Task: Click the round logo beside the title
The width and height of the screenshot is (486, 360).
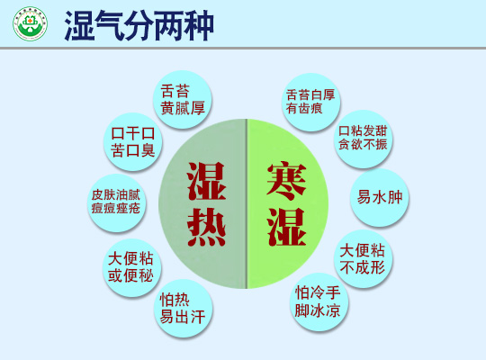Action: (30, 24)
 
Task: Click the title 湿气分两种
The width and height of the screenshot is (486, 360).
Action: (139, 25)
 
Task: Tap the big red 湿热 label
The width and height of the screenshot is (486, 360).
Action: (206, 204)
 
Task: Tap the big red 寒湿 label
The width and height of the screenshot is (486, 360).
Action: (287, 204)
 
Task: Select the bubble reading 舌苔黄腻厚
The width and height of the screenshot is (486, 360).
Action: (183, 100)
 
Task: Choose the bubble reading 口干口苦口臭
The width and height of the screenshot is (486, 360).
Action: (132, 141)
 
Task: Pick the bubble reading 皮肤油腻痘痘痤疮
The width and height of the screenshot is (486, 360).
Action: (116, 202)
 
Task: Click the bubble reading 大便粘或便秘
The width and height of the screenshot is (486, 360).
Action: (131, 267)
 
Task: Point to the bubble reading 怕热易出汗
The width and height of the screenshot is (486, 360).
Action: (183, 308)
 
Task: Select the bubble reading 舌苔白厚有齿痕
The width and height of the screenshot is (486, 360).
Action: (310, 102)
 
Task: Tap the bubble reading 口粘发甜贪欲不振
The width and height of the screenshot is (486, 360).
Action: (363, 139)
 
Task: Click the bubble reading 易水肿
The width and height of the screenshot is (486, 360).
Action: (380, 197)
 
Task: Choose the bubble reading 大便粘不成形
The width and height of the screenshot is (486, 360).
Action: (363, 259)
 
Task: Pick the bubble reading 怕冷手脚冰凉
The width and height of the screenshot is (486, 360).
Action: (319, 301)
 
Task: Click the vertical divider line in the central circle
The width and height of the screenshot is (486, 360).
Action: (247, 203)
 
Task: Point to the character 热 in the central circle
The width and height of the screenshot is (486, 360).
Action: (206, 227)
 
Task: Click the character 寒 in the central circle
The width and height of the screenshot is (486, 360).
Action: (287, 182)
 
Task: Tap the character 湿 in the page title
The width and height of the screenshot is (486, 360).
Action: (79, 25)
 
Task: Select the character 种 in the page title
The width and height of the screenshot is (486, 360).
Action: (199, 25)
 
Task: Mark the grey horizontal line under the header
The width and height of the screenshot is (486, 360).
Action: (243, 48)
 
